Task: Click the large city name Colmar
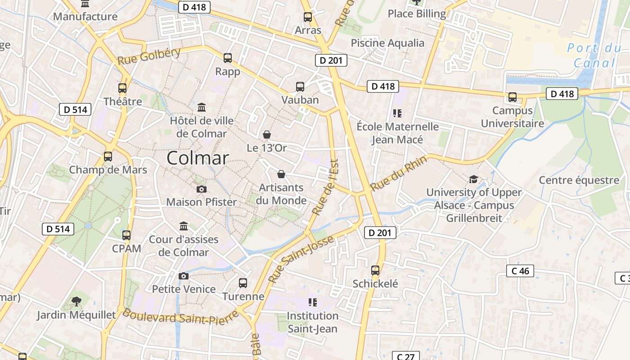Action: (198, 158)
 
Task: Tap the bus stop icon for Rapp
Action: (228, 58)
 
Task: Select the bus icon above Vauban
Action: (300, 87)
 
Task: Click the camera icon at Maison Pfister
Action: (202, 189)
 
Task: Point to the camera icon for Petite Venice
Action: (184, 276)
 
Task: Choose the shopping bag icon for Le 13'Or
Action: (267, 135)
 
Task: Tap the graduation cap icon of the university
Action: (473, 180)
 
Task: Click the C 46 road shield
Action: (520, 271)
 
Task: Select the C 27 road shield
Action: (405, 356)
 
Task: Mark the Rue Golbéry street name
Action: (149, 56)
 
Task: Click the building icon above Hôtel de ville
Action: (202, 108)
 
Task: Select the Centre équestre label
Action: (579, 180)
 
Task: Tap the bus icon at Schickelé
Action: (375, 270)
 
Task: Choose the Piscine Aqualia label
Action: (387, 43)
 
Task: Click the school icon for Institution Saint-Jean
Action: (312, 302)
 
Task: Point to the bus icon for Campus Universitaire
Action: (512, 97)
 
